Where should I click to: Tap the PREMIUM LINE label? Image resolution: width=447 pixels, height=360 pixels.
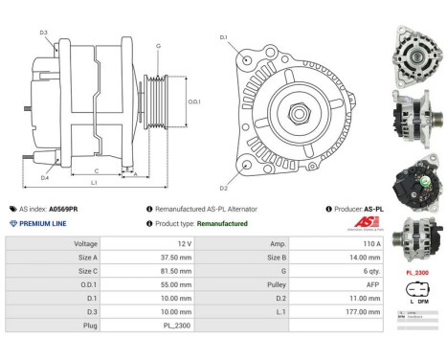tap(42, 223)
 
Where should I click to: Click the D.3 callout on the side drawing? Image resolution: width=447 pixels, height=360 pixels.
tap(44, 33)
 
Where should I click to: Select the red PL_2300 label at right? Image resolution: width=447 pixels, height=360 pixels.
tap(416, 273)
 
